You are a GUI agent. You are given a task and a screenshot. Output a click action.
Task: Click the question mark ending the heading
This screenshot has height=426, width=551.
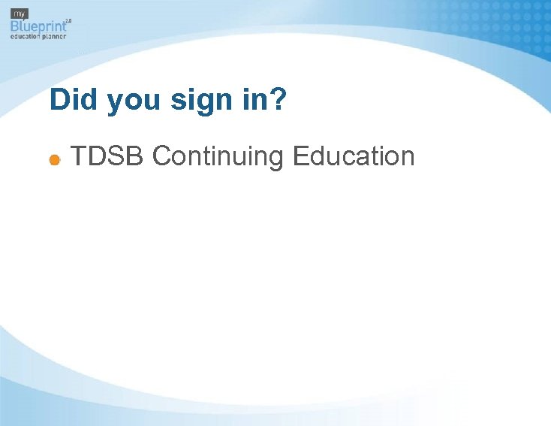coord(279,100)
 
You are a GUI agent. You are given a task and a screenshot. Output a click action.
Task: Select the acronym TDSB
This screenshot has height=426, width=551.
coord(107,156)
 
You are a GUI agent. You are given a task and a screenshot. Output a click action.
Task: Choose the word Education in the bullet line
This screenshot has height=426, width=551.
coord(354,156)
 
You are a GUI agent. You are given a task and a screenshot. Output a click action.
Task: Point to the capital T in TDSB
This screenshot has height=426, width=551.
coord(79,156)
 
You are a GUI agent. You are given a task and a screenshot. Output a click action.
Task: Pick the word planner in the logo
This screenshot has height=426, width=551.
coord(53,35)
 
